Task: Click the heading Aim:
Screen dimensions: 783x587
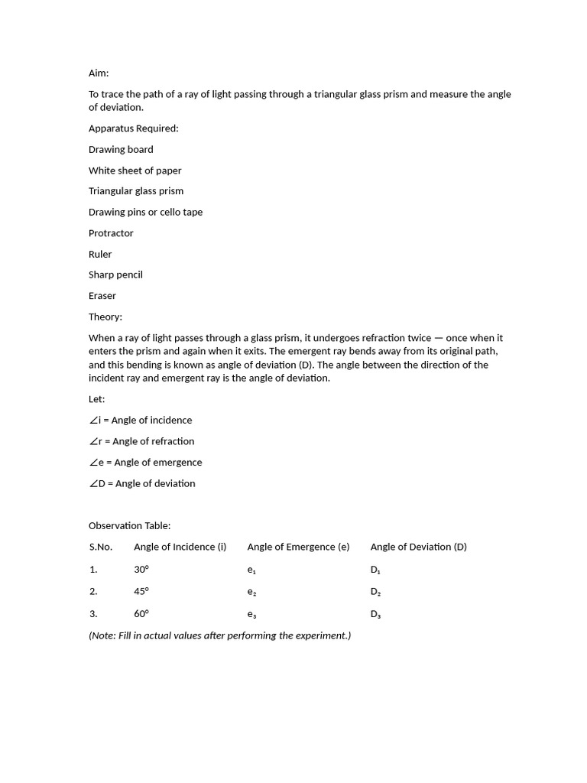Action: click(x=99, y=73)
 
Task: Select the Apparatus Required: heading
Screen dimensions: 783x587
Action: click(x=133, y=128)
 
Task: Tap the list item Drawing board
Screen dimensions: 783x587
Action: click(x=121, y=149)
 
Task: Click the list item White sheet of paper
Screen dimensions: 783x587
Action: click(x=135, y=171)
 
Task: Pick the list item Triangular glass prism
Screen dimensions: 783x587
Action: click(x=136, y=191)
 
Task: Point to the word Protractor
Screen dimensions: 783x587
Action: click(x=111, y=233)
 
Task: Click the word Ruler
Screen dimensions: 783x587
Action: click(x=100, y=254)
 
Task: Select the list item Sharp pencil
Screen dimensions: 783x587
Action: click(x=115, y=275)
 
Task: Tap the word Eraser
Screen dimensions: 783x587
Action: click(x=102, y=296)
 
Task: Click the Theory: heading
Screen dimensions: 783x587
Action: click(x=105, y=317)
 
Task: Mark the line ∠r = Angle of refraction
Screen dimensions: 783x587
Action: click(x=141, y=441)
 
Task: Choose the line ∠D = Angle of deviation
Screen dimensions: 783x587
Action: click(x=141, y=483)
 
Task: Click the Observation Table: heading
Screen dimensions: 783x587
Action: click(x=129, y=526)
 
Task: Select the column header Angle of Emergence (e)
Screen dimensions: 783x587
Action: click(x=298, y=547)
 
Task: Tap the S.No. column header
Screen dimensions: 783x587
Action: click(x=100, y=547)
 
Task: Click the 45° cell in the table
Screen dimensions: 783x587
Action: click(x=141, y=591)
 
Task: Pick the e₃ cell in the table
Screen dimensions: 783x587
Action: click(x=251, y=614)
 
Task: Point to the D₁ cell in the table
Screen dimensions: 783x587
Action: click(x=375, y=570)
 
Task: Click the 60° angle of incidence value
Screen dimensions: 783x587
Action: click(x=141, y=613)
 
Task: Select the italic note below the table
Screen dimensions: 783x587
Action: click(x=219, y=635)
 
